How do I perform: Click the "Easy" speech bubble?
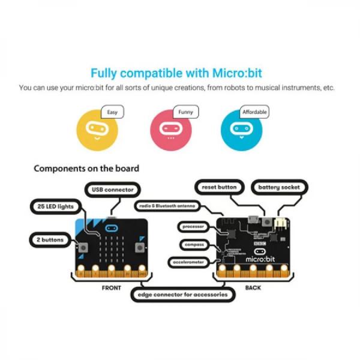click(112, 112)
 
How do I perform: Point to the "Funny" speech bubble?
click(185, 112)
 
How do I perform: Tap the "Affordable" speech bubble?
click(254, 112)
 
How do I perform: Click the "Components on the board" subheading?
click(86, 169)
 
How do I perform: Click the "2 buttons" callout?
click(49, 239)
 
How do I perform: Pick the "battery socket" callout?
click(278, 187)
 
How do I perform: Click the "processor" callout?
click(193, 227)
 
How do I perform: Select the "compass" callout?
click(195, 244)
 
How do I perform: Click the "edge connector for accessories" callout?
click(182, 295)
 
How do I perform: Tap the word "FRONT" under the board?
click(112, 288)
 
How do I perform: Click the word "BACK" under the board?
click(253, 288)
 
